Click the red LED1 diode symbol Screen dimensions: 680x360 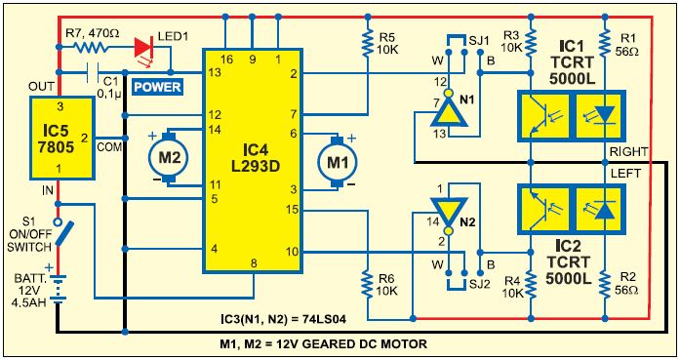click(x=144, y=47)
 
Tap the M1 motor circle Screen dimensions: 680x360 click(x=338, y=163)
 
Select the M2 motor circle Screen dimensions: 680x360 click(x=169, y=157)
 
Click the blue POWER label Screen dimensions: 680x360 click(x=157, y=87)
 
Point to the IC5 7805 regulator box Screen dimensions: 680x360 click(x=62, y=138)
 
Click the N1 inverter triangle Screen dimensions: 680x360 click(x=450, y=113)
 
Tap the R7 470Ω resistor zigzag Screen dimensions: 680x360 click(x=90, y=47)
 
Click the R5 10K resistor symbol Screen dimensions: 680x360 click(x=368, y=42)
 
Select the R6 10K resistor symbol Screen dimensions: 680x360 click(x=368, y=285)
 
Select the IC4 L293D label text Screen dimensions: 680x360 click(x=255, y=158)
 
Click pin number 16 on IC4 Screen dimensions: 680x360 click(x=226, y=59)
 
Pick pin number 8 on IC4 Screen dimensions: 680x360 click(x=254, y=262)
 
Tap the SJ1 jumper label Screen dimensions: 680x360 click(x=479, y=41)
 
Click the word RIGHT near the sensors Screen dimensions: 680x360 click(x=628, y=152)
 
